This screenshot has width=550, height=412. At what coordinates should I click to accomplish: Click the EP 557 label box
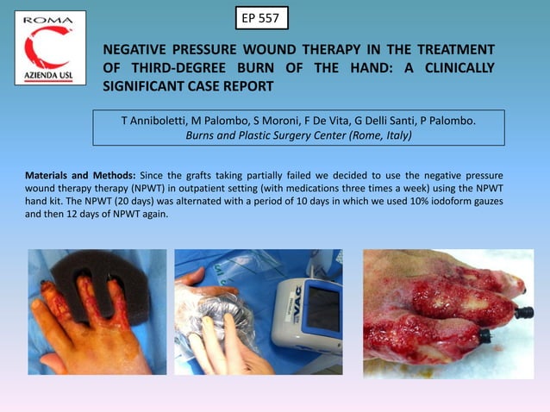tap(261, 17)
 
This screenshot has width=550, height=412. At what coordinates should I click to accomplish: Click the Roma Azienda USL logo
tap(50, 48)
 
